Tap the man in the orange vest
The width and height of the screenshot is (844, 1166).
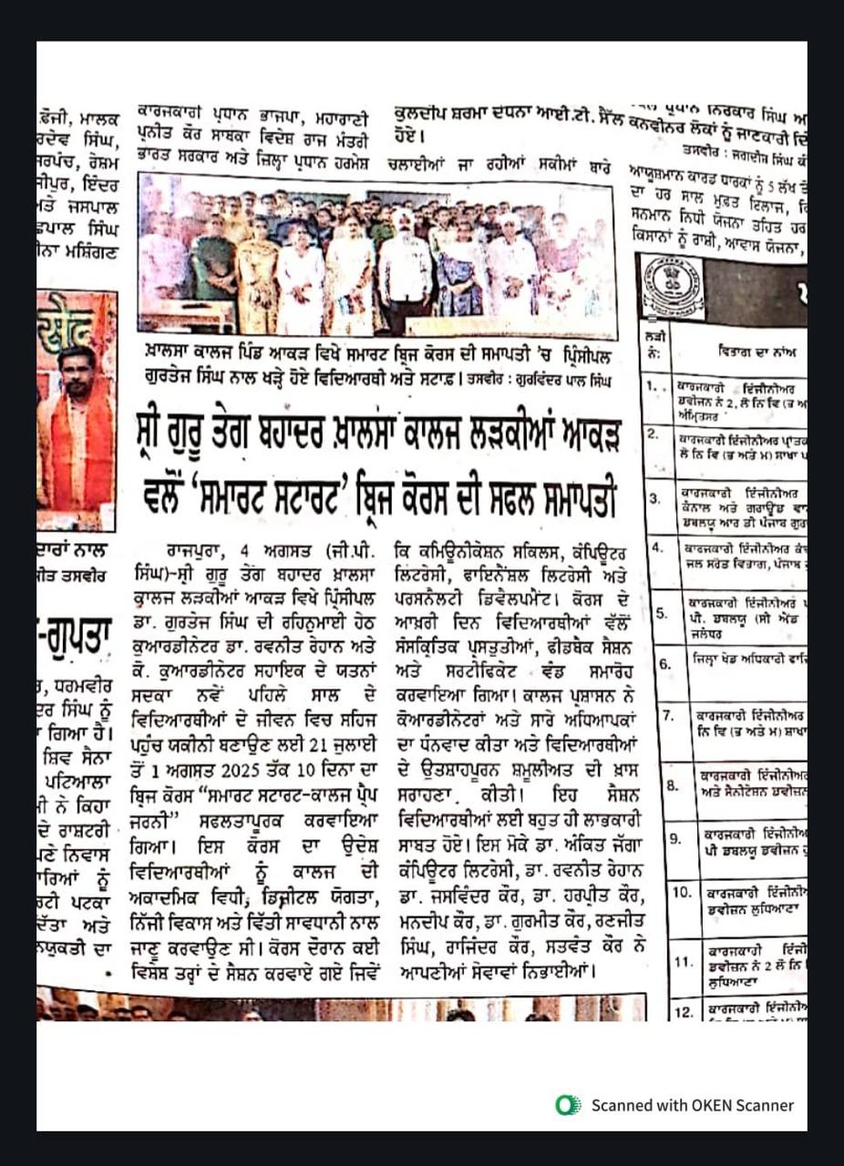[x=77, y=428]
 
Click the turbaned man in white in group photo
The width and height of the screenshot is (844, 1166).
[x=405, y=264]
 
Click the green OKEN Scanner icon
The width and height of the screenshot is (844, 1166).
[x=569, y=1105]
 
